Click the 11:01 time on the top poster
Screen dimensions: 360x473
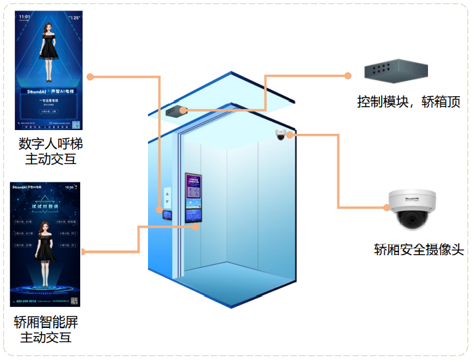point(24,17)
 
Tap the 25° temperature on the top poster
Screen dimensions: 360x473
point(76,17)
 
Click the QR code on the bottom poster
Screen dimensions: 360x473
point(73,301)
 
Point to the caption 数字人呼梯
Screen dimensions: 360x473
point(51,144)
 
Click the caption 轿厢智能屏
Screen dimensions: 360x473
point(46,322)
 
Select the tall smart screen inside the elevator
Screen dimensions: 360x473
point(194,197)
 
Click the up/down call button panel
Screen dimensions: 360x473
point(167,198)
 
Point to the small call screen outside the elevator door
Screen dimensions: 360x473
point(167,215)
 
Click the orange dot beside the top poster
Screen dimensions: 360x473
point(90,77)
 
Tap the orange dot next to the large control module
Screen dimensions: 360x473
point(348,76)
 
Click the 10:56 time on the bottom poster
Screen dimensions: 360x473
point(70,186)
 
